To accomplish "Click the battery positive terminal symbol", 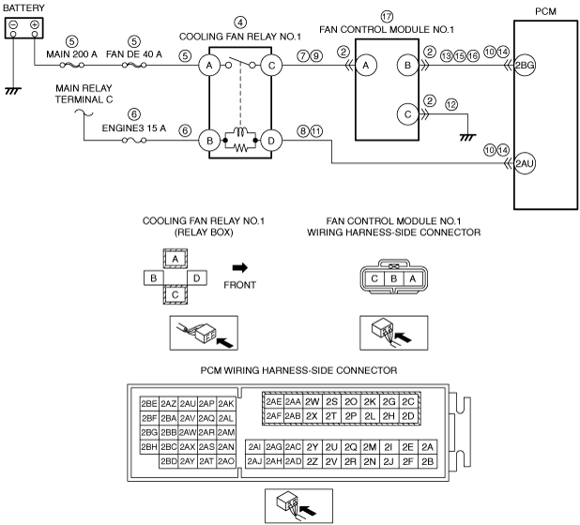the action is point(35,25).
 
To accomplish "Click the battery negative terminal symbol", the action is point(13,25).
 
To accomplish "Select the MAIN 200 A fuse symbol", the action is point(71,66).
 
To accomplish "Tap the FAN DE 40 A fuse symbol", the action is point(134,66).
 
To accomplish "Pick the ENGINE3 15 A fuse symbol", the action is point(134,141).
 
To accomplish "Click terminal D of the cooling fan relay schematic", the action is point(271,141).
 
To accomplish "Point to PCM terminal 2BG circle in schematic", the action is point(525,66).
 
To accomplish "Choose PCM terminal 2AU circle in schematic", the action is point(525,163).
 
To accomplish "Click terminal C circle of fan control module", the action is point(407,114).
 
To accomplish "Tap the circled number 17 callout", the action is point(387,17).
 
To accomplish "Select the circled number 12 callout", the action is point(451,105).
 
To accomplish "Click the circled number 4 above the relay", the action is point(240,22).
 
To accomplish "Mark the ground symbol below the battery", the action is point(13,91).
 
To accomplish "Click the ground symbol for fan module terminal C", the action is point(467,138).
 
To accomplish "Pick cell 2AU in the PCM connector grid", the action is point(188,404).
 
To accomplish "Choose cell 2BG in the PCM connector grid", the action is point(149,432).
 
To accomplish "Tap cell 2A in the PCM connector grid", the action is point(427,447).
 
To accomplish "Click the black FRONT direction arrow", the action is point(240,268).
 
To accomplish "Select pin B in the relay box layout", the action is point(154,278).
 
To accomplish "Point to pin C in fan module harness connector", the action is point(374,278).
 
